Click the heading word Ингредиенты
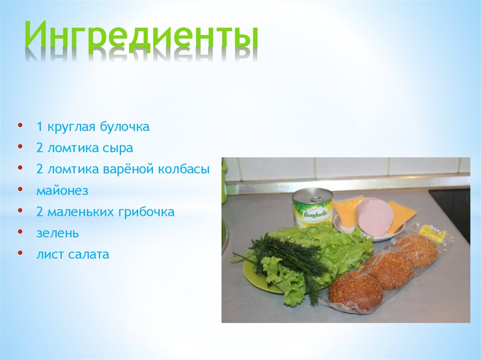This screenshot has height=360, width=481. (x=141, y=38)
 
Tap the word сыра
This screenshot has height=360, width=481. (x=117, y=148)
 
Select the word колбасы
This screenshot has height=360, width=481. (x=186, y=169)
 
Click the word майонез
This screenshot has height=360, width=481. (x=62, y=191)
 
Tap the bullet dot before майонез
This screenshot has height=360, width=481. (x=20, y=190)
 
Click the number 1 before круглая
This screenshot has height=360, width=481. (x=40, y=127)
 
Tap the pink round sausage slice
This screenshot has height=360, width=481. (x=374, y=216)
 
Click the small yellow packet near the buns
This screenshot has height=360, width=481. (x=431, y=233)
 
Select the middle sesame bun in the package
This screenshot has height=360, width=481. (x=389, y=269)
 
